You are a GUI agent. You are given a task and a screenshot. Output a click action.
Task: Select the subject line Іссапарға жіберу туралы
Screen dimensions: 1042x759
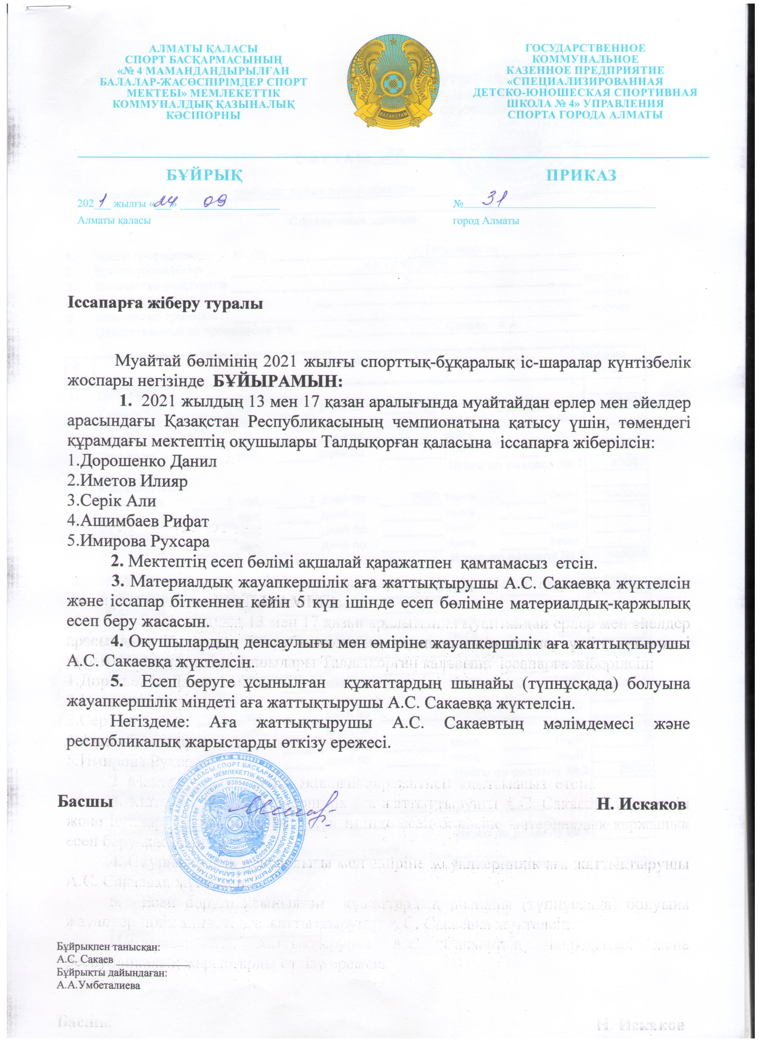tap(165, 304)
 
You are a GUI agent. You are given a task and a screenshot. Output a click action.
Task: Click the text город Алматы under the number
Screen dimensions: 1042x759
tap(486, 221)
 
